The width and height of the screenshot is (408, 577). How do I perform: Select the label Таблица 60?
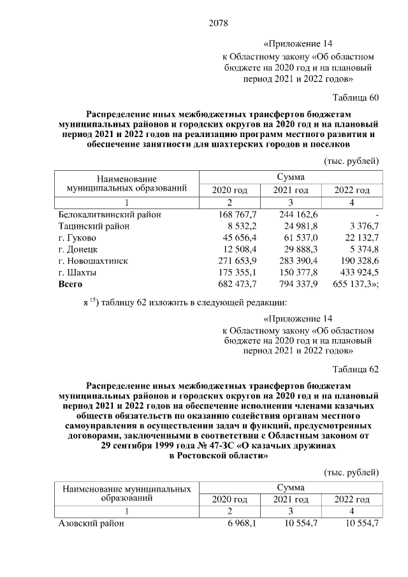356,98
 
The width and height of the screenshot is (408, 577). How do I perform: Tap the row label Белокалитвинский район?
110,214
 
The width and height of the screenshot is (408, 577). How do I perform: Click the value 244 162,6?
298,214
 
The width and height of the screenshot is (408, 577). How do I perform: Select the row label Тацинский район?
94,226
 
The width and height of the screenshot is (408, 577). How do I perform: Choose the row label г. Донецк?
78,249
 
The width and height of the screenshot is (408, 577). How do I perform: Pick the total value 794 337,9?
298,283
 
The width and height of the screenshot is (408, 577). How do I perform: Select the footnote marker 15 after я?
91,299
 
